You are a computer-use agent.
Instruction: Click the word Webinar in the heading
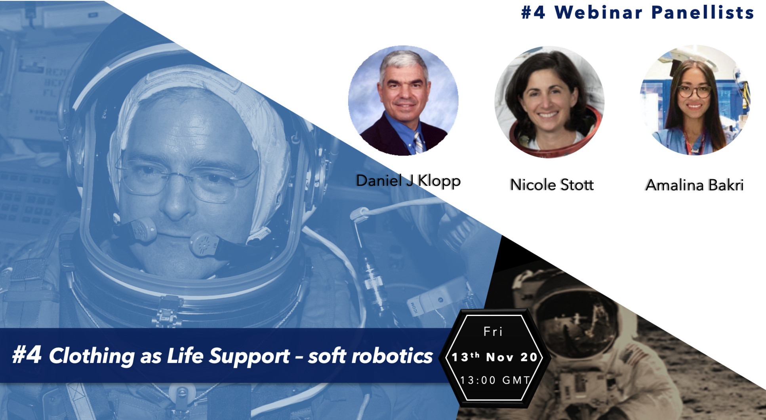click(598, 13)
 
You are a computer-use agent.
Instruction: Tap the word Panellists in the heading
click(703, 13)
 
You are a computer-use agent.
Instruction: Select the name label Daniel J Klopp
click(408, 181)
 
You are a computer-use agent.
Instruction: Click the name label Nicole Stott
click(552, 185)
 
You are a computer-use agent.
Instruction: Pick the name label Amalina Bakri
click(695, 185)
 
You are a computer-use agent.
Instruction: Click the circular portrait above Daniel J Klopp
click(403, 100)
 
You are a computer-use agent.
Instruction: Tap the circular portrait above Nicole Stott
click(549, 102)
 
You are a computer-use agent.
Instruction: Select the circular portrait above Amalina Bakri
click(695, 100)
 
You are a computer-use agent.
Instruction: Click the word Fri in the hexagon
click(493, 331)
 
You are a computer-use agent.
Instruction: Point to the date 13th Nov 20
click(494, 357)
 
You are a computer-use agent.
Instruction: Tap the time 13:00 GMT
click(495, 380)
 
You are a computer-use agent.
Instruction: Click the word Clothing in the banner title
click(92, 356)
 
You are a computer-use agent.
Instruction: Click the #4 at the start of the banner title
click(27, 354)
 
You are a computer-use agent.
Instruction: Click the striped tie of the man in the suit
click(418, 143)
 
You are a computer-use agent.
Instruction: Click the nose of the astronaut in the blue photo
click(176, 202)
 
